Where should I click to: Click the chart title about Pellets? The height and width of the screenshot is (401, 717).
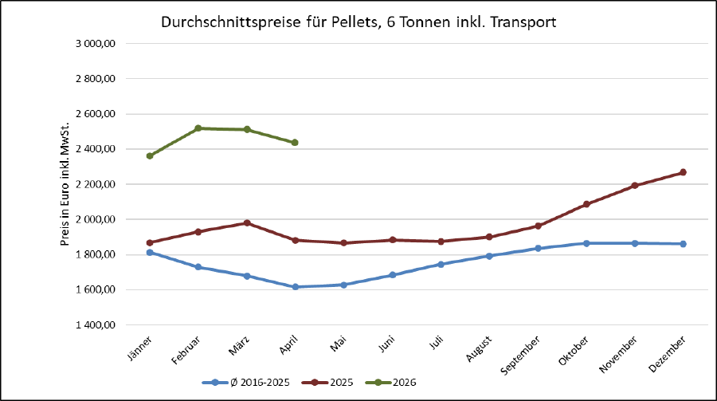click(x=358, y=22)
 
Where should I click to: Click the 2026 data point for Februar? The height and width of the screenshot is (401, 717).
click(x=198, y=128)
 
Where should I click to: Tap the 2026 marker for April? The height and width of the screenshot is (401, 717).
click(x=295, y=143)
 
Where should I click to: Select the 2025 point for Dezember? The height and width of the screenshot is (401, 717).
click(x=683, y=172)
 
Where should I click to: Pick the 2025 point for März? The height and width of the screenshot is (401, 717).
click(x=247, y=223)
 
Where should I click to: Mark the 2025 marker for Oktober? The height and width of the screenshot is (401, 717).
click(x=586, y=204)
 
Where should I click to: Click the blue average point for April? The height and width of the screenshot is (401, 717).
click(x=295, y=287)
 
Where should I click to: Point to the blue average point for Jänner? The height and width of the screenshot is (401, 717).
click(x=150, y=253)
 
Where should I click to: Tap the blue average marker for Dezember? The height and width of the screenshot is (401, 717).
click(x=683, y=244)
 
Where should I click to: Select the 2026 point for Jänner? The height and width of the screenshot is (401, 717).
click(x=150, y=156)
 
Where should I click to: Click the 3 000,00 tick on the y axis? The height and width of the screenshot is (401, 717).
click(x=96, y=44)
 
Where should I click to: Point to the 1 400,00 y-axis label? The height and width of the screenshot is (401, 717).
click(x=96, y=325)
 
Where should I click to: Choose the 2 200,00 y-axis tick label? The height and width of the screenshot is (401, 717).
click(x=96, y=184)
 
